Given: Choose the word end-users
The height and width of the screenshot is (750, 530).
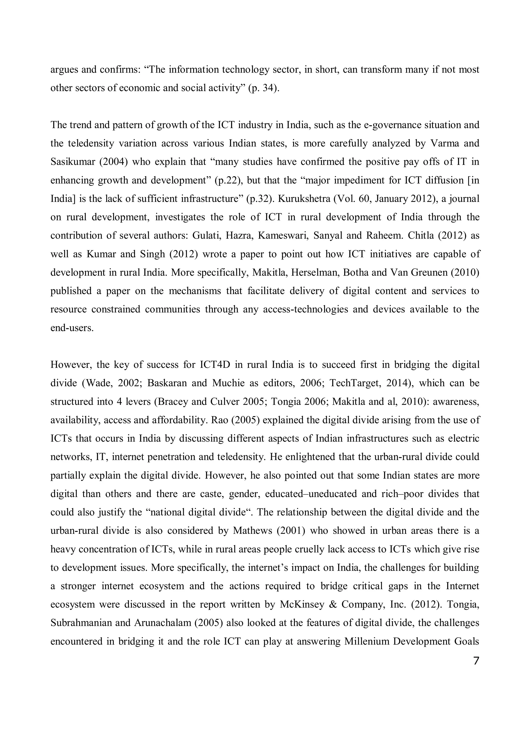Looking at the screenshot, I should click(72, 328).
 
